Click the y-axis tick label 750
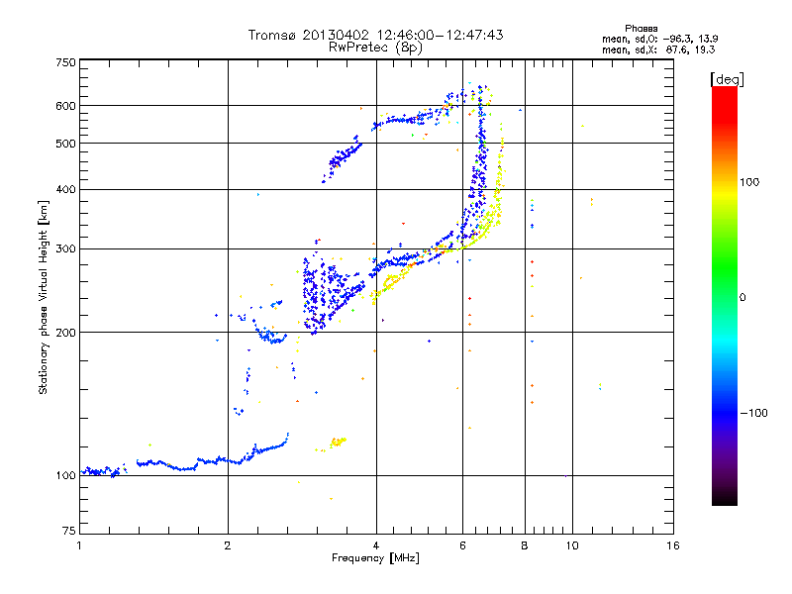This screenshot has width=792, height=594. click(66, 61)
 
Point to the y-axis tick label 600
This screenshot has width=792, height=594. click(66, 105)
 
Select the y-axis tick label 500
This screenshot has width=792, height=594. click(66, 143)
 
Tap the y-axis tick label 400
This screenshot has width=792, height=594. click(66, 189)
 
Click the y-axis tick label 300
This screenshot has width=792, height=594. click(66, 248)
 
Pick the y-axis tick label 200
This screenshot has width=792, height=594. click(66, 332)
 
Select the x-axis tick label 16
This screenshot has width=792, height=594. click(672, 545)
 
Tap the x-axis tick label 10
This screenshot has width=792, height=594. click(571, 545)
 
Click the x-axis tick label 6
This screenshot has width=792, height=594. click(462, 545)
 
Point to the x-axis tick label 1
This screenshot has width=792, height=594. click(79, 545)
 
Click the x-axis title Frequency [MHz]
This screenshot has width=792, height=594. click(376, 559)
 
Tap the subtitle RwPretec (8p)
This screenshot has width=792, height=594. click(376, 47)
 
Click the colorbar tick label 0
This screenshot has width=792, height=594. click(746, 297)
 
